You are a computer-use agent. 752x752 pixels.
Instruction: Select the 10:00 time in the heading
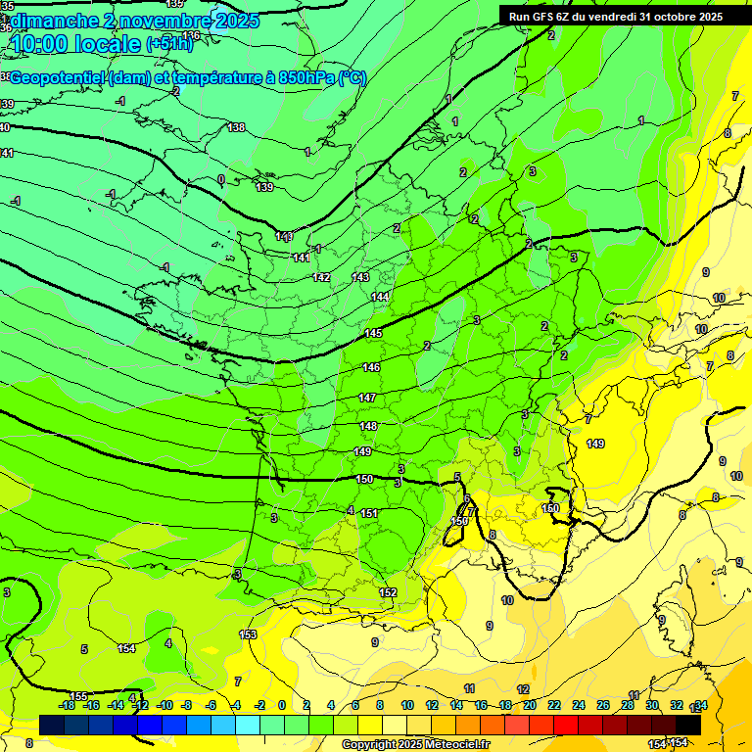44,44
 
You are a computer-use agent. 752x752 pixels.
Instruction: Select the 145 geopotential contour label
373,334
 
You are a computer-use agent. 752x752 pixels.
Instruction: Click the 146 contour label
371,367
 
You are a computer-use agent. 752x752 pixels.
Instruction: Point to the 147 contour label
367,398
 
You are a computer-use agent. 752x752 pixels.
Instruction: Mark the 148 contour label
368,426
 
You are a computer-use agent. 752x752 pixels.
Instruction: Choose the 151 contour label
369,513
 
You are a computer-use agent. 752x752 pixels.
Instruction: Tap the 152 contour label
388,592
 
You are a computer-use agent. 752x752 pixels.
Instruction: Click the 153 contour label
248,634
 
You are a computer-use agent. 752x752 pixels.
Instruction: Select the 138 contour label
236,127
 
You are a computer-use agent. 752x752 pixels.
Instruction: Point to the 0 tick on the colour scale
282,705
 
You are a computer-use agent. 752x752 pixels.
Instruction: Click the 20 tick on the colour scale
529,705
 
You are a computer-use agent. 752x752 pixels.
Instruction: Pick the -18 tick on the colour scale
68,705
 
